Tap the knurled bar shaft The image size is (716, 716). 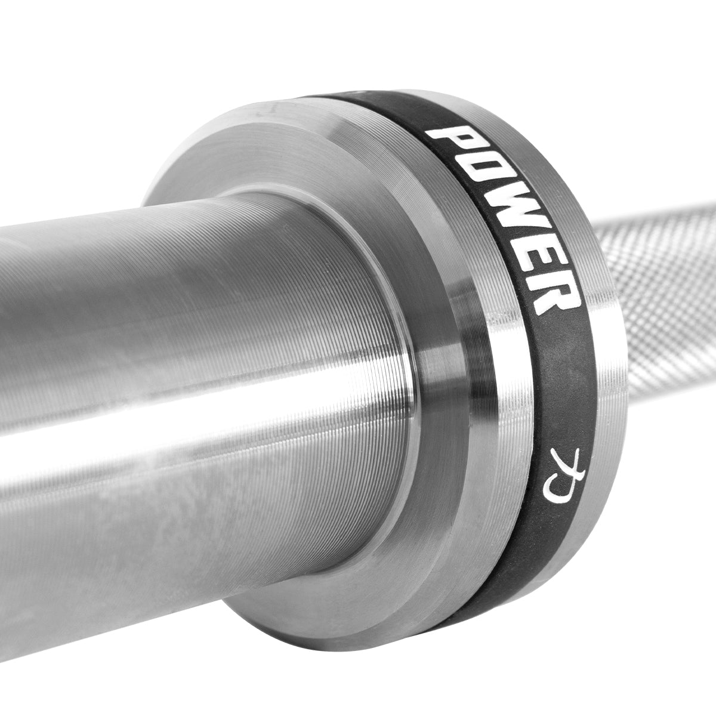[x=662, y=268]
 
